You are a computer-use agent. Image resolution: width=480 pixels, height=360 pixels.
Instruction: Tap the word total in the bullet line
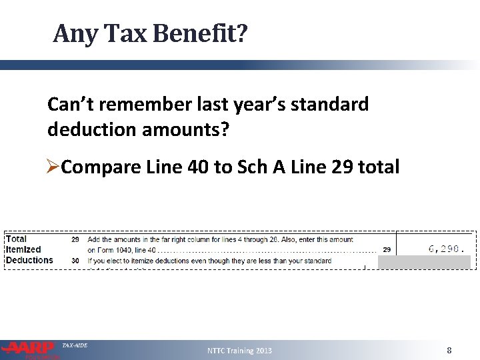[x=381, y=167]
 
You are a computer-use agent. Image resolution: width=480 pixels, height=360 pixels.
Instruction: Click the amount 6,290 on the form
[x=444, y=249]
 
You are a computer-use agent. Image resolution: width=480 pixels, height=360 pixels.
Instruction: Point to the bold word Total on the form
[x=17, y=239]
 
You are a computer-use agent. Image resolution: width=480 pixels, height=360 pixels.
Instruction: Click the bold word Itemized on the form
[x=23, y=249]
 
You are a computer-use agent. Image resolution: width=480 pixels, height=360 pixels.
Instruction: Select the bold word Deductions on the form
[x=29, y=260]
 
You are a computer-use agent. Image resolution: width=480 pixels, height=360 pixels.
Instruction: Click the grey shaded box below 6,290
[x=424, y=262]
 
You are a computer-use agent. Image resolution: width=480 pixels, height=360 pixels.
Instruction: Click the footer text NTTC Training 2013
[x=239, y=351]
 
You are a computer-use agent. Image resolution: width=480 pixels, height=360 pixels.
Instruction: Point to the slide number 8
[x=449, y=351]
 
